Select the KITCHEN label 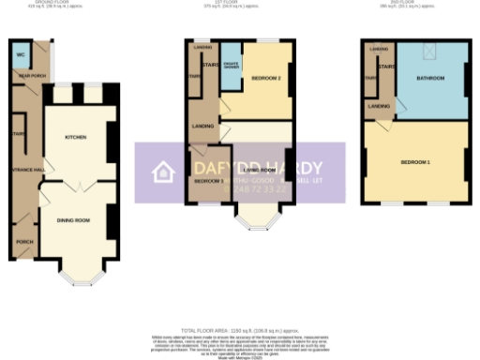pyautogui.click(x=76, y=137)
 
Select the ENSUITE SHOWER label pyautogui.click(x=231, y=66)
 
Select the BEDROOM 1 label pyautogui.click(x=415, y=162)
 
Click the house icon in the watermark pyautogui.click(x=164, y=172)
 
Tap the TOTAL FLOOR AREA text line pyautogui.click(x=240, y=331)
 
